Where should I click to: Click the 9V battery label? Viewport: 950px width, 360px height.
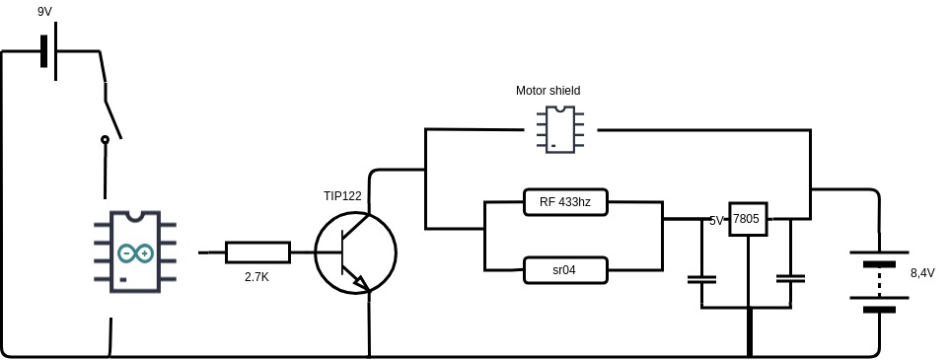pyautogui.click(x=44, y=11)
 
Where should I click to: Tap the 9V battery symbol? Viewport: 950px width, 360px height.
pyautogui.click(x=49, y=51)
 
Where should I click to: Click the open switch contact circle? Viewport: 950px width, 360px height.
pyautogui.click(x=105, y=139)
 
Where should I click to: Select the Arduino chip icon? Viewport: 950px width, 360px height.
pyautogui.click(x=135, y=252)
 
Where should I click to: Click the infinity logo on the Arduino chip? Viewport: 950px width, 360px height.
pyautogui.click(x=135, y=252)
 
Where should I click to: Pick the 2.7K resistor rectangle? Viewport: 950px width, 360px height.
pyautogui.click(x=258, y=252)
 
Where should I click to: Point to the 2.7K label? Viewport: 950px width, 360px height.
pyautogui.click(x=256, y=277)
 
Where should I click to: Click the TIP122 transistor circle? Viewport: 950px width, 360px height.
pyautogui.click(x=356, y=252)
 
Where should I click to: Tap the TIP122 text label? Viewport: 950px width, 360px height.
pyautogui.click(x=342, y=195)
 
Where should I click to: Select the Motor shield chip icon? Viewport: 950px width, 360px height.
pyautogui.click(x=560, y=129)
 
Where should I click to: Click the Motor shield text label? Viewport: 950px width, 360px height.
pyautogui.click(x=548, y=91)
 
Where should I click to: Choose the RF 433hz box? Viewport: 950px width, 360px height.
pyautogui.click(x=565, y=202)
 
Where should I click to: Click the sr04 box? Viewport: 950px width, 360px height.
pyautogui.click(x=565, y=269)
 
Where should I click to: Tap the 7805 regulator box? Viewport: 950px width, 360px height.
pyautogui.click(x=748, y=219)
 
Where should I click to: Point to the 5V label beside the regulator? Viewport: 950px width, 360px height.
pyautogui.click(x=716, y=221)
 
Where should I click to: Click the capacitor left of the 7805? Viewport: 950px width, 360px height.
pyautogui.click(x=701, y=279)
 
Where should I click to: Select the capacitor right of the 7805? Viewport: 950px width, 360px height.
pyautogui.click(x=790, y=279)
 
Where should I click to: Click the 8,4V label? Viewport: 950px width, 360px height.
pyautogui.click(x=922, y=273)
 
